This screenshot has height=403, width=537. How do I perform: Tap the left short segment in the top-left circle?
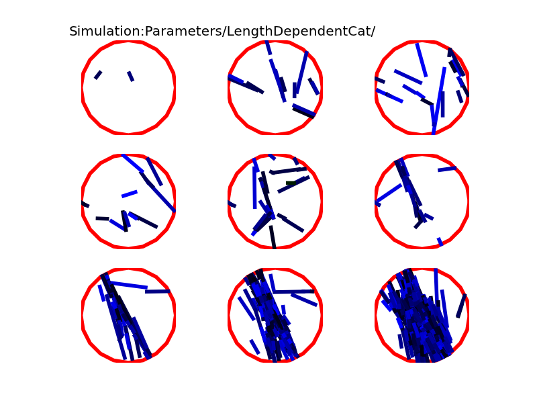[98, 75]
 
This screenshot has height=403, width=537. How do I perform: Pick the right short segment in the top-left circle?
[130, 76]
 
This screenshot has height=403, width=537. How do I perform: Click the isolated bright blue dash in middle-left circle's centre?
[130, 194]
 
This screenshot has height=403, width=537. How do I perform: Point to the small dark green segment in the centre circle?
[291, 183]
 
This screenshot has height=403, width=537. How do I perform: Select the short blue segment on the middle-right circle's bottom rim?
[440, 242]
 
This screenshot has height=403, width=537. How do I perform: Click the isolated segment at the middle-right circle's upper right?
[447, 169]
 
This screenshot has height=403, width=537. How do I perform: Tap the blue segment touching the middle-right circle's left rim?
[389, 194]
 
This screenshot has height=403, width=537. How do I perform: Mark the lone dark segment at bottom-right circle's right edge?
[461, 306]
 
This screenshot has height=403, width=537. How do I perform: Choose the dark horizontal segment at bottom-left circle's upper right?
[158, 292]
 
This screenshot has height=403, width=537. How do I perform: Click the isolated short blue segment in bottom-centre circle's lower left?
[254, 347]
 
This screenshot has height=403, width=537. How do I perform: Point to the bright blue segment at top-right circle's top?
[422, 60]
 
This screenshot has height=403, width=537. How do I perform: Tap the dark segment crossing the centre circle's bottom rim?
[273, 237]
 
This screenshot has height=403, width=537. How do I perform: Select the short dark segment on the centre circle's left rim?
[232, 204]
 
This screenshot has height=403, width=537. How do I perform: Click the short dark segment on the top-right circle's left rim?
[380, 80]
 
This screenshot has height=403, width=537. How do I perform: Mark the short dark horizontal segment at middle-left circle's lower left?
[103, 219]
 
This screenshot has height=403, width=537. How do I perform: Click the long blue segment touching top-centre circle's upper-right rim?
[301, 73]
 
